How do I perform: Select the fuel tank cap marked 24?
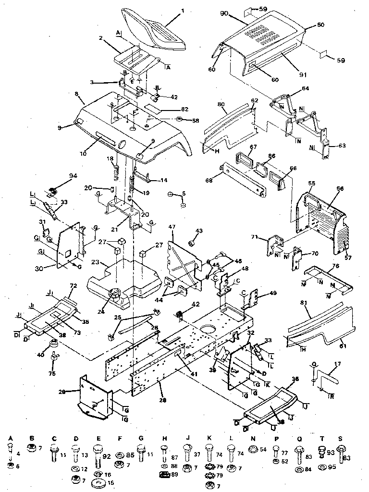(x=115, y=292)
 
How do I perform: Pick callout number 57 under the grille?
(x=348, y=258)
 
